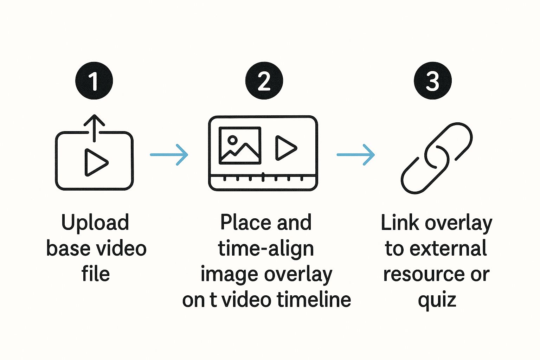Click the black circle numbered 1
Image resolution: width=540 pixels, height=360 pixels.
coord(94,81)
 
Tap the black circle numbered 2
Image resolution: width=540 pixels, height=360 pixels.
coord(264,81)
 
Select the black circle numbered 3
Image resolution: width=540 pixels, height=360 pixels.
coord(432,81)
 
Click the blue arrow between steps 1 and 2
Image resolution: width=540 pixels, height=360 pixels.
coord(169,155)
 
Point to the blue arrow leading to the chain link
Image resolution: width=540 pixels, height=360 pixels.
coord(356,155)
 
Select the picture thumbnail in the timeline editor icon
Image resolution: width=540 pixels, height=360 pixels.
coord(240,146)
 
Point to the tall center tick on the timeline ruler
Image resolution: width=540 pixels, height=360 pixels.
coord(263,177)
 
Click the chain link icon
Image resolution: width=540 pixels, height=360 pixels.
coord(437,158)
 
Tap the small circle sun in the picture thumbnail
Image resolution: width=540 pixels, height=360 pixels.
coord(232,140)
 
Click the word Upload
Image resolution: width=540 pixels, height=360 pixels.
coord(95,223)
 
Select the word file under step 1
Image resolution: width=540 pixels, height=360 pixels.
coord(96,274)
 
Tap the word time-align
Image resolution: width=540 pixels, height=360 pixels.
coord(266,249)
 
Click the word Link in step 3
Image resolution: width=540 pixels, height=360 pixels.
coord(400,223)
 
